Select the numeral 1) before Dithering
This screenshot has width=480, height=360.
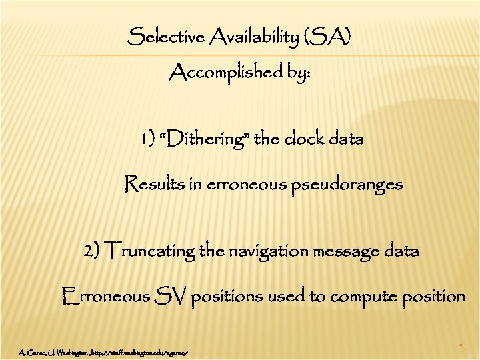147,139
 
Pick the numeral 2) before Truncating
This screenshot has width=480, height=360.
93,251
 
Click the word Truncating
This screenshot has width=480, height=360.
153,251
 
